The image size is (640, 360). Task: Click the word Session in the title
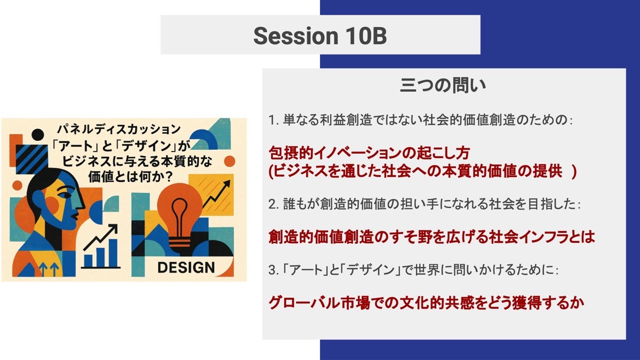point(295,36)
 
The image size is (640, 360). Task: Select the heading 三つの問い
point(443,85)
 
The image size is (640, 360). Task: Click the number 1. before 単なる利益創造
point(274,121)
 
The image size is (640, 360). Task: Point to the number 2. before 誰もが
point(274,204)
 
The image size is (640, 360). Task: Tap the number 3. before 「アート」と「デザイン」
point(274,270)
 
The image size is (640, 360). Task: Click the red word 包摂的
point(291,153)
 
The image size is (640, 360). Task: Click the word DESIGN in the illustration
point(186,268)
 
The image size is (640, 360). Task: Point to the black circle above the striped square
point(38,135)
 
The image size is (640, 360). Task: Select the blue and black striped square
point(31,159)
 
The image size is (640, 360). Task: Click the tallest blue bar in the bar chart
point(113,253)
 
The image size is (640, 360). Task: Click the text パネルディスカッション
point(119,129)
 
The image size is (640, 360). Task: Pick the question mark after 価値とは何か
point(169,177)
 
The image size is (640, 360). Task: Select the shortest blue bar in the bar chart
point(89,260)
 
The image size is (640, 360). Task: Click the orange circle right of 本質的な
point(229,162)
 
